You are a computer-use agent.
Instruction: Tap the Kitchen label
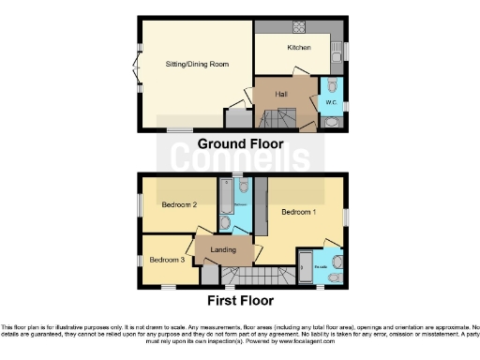(299, 48)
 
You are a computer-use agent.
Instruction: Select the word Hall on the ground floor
(281, 95)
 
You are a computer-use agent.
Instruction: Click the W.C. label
(330, 101)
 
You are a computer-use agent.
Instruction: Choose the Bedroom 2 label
(178, 204)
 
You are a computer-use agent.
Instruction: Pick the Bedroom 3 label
(167, 259)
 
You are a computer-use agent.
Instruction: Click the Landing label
(223, 248)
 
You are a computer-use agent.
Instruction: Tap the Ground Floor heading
(240, 143)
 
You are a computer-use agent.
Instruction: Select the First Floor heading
(240, 301)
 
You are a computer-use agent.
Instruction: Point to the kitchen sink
(336, 58)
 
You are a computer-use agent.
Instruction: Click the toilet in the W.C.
(332, 120)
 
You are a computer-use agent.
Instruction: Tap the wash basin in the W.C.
(337, 86)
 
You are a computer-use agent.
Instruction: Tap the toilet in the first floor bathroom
(243, 187)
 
